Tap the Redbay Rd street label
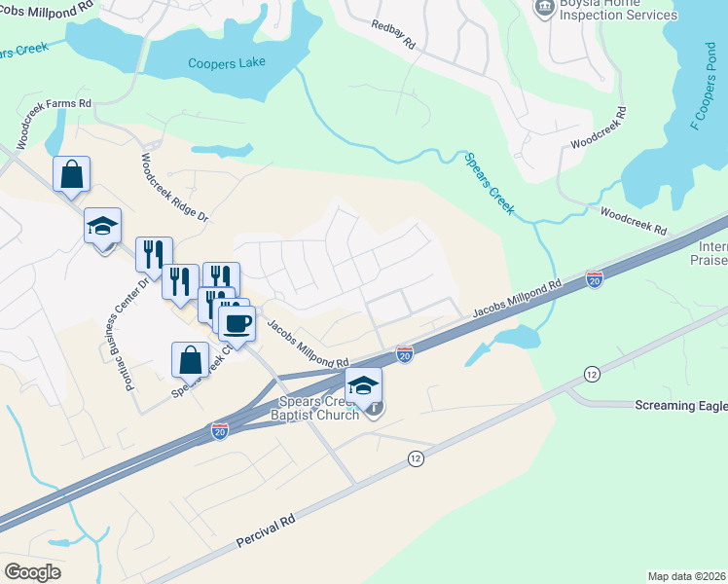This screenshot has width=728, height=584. click(393, 32)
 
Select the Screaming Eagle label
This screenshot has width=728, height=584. click(680, 405)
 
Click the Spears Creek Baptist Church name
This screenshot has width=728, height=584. click(320, 406)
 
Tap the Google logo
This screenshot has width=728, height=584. click(32, 572)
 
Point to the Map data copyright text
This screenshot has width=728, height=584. click(687, 576)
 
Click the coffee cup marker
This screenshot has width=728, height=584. click(237, 321)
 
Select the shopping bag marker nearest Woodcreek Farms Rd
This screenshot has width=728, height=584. click(72, 175)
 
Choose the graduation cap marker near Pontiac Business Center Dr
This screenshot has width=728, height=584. click(102, 227)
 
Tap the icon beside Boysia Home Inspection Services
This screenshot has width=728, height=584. click(543, 8)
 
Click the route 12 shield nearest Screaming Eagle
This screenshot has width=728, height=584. click(591, 374)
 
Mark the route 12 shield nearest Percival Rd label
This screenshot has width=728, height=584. click(417, 458)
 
